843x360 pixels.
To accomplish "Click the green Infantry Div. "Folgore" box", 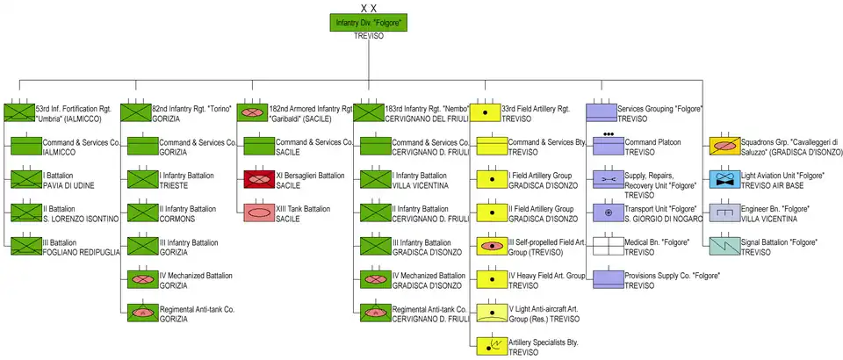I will click(370, 22).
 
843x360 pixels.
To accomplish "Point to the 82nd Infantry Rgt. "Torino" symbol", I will click(135, 112).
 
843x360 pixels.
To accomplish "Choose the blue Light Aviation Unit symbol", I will click(725, 180).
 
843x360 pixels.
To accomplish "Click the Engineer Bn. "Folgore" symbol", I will click(725, 212).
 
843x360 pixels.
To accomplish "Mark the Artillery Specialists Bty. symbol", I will click(491, 344).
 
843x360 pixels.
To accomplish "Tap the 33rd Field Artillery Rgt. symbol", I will click(491, 112).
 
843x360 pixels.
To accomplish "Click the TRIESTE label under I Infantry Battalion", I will click(174, 186).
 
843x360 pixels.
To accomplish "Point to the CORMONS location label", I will click(177, 219).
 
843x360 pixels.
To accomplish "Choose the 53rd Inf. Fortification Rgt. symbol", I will click(19, 112).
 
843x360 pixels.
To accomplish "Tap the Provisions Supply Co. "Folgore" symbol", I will click(609, 278).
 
